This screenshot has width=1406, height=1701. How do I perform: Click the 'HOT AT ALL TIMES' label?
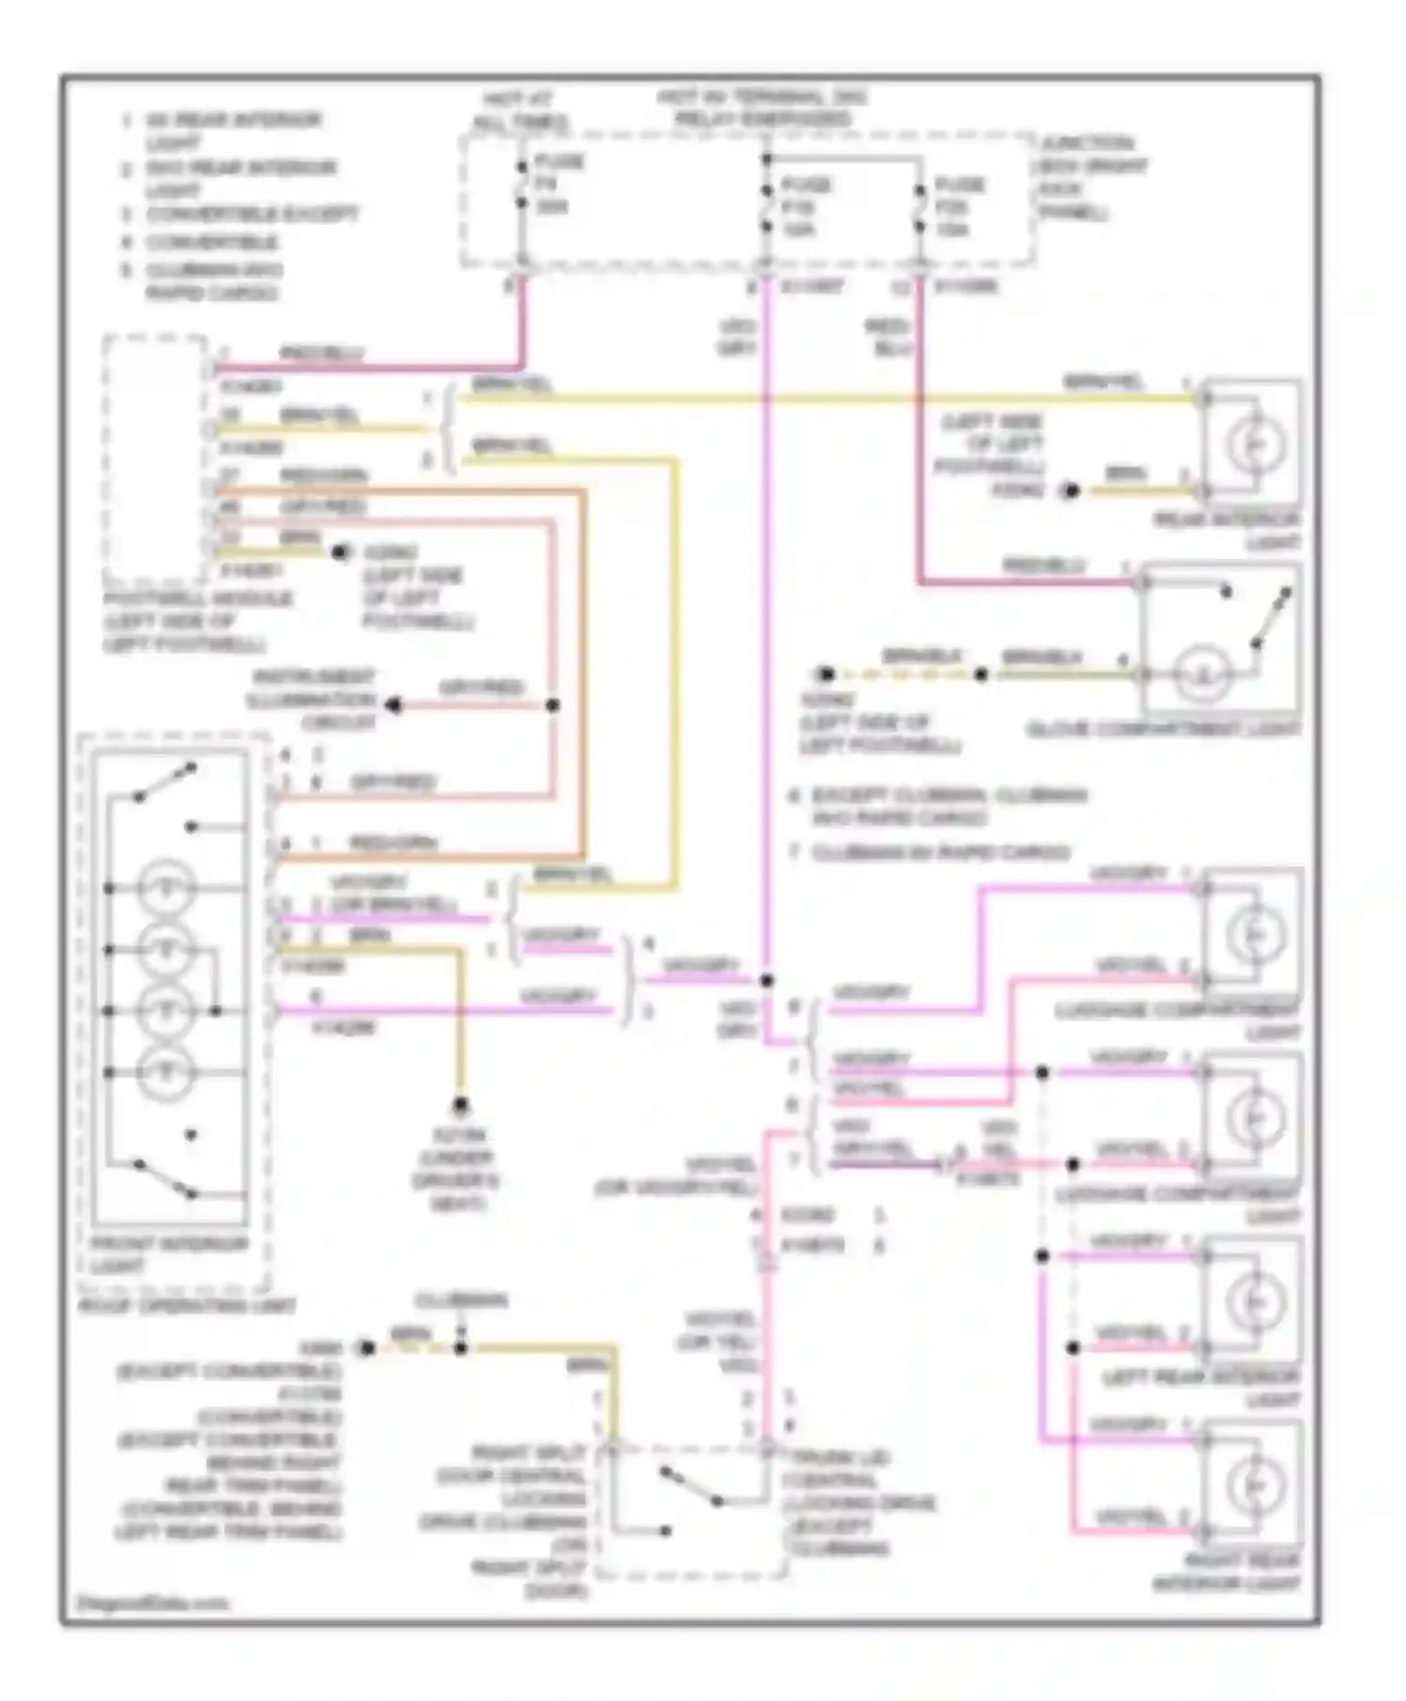(x=518, y=111)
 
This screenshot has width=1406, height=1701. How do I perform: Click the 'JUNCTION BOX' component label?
(x=1093, y=177)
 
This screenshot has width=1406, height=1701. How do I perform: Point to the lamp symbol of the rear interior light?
(x=1253, y=444)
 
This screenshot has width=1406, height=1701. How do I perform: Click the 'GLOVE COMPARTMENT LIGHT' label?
(x=1163, y=729)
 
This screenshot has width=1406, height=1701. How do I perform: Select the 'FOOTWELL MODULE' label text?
(x=197, y=621)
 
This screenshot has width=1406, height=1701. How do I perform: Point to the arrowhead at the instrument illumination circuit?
(x=395, y=705)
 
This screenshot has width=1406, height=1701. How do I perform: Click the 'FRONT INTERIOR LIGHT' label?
(x=169, y=1255)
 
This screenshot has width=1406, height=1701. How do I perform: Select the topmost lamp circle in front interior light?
(x=166, y=887)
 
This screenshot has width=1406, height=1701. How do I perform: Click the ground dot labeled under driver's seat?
(x=460, y=1106)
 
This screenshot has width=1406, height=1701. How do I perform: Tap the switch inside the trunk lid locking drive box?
(x=691, y=1487)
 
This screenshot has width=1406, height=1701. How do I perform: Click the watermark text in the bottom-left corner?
(x=152, y=1603)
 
